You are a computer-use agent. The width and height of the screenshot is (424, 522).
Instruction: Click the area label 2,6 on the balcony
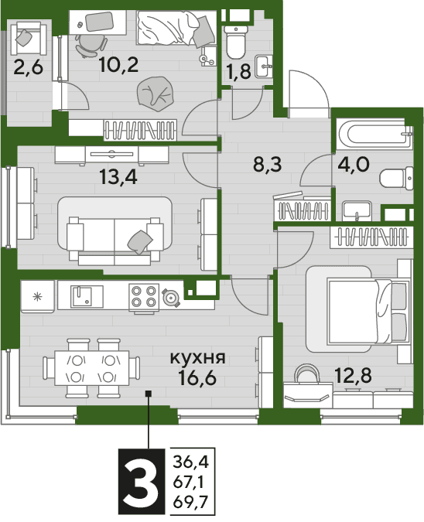[29, 68]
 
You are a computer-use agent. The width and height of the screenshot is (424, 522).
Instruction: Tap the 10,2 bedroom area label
[119, 65]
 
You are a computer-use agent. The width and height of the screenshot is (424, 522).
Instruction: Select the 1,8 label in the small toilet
[238, 72]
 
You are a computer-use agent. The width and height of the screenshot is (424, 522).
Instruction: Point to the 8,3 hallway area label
[268, 165]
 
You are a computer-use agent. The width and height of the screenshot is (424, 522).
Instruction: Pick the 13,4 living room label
[118, 177]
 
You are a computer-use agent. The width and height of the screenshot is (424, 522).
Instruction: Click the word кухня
[198, 358]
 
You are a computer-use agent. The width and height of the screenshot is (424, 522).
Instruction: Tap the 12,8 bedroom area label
[353, 376]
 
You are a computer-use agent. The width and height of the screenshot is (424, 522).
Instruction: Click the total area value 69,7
[190, 501]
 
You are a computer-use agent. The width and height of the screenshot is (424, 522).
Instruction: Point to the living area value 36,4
[190, 462]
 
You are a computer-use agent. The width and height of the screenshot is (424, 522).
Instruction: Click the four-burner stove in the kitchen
[144, 297]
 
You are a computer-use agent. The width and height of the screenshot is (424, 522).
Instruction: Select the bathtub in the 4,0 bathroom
[374, 135]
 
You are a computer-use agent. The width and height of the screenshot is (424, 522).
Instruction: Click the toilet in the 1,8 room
[236, 43]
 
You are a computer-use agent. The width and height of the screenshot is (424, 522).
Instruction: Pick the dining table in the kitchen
[92, 368]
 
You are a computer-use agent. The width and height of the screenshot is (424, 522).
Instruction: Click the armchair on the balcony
[29, 39]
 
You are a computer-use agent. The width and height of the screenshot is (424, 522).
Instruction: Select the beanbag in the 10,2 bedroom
[156, 94]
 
